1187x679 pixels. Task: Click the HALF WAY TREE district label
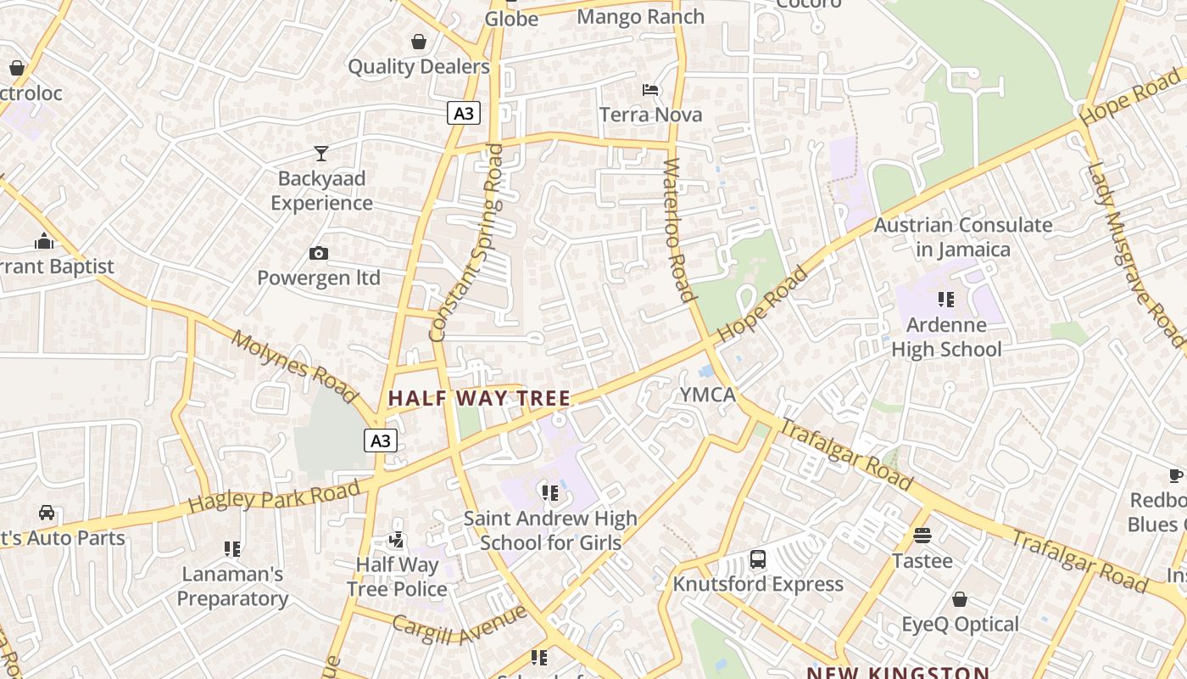click(x=479, y=397)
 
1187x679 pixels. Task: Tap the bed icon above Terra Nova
click(x=650, y=90)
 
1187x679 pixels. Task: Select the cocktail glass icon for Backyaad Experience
click(x=321, y=154)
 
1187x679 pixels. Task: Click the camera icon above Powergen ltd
click(x=319, y=253)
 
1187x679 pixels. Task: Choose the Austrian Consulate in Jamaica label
click(x=963, y=237)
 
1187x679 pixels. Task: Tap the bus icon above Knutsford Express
click(x=758, y=560)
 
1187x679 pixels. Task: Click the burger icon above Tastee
click(x=922, y=536)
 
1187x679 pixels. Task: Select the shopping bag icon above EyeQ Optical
click(x=960, y=600)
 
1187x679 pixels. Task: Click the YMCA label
click(x=708, y=395)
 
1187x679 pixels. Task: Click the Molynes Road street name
click(x=294, y=366)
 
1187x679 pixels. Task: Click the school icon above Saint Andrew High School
click(x=550, y=492)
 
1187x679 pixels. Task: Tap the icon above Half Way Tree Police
click(x=396, y=540)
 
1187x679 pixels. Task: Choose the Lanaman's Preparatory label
click(x=232, y=586)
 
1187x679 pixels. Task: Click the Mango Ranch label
click(x=640, y=16)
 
